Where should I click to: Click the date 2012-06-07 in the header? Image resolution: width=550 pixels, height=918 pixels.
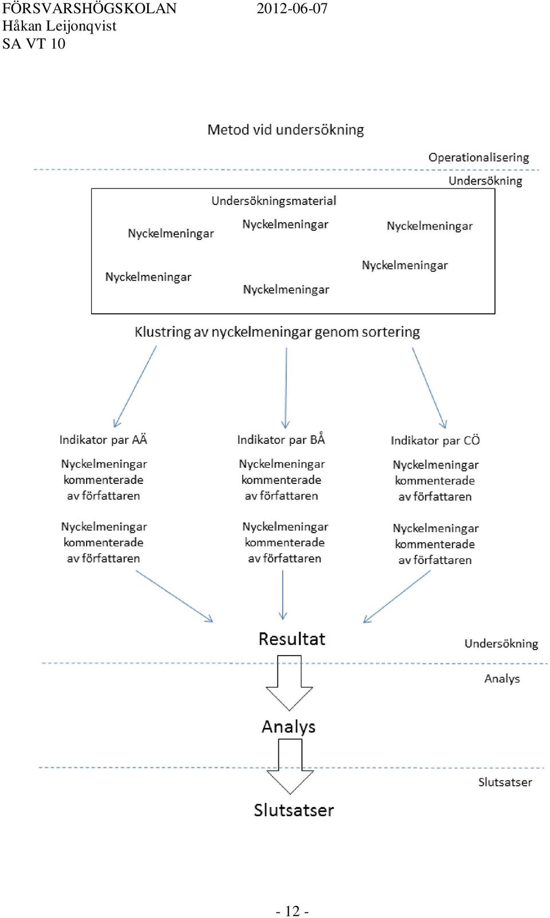(x=292, y=9)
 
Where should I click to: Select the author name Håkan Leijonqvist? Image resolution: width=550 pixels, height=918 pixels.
(x=60, y=26)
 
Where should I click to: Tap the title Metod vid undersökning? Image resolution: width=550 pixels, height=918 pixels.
(x=285, y=130)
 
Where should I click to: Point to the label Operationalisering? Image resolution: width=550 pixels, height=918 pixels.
(x=478, y=158)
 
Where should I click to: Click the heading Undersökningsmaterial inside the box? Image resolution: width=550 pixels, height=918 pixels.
(x=274, y=201)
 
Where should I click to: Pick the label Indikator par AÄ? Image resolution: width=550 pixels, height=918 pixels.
(x=103, y=439)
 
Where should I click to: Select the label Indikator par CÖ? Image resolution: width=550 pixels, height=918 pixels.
(x=435, y=440)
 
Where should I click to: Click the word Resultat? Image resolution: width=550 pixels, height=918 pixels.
(x=292, y=639)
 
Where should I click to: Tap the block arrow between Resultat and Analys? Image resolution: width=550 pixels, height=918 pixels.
(x=289, y=683)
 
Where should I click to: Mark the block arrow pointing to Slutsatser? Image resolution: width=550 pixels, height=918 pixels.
(x=290, y=766)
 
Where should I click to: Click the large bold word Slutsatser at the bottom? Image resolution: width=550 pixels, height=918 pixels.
(x=294, y=810)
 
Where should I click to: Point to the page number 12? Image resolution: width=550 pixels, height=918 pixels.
(x=292, y=911)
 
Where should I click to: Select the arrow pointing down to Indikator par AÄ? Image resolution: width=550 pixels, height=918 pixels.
(x=135, y=387)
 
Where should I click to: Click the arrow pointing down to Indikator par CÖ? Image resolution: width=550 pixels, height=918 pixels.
(x=430, y=388)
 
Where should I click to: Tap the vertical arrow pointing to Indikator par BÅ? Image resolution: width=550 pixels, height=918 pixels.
(x=286, y=388)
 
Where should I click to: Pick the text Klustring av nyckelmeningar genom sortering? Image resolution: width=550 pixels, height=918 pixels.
(x=277, y=332)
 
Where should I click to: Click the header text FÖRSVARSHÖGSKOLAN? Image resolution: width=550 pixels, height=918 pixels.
(x=89, y=9)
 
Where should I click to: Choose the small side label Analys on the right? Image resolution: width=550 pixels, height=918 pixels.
(x=502, y=679)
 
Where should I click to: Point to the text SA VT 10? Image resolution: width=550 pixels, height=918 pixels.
(x=34, y=44)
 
